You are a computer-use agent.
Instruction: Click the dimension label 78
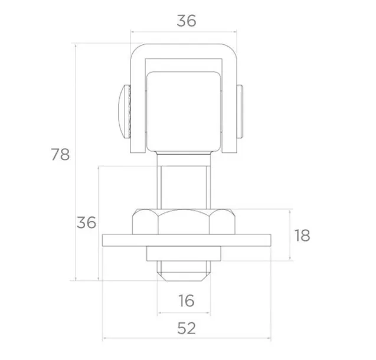(x=60, y=155)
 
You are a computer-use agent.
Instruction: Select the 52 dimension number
(x=187, y=328)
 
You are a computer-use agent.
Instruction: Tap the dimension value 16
(x=187, y=301)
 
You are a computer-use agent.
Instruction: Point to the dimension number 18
(x=302, y=235)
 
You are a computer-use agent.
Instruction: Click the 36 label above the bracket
(x=187, y=21)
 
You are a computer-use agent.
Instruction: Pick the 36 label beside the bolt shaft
(x=86, y=222)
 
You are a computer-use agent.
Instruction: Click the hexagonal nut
(x=184, y=222)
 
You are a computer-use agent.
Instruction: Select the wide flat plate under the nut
(x=187, y=240)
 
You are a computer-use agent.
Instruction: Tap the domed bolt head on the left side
(x=125, y=112)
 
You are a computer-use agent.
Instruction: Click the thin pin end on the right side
(x=240, y=112)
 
